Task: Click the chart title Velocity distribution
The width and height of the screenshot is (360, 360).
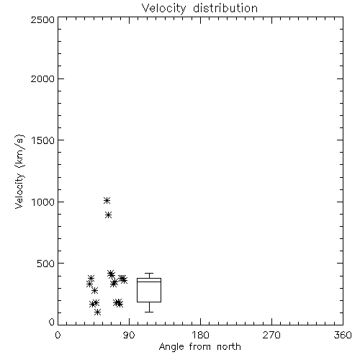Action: pyautogui.click(x=199, y=9)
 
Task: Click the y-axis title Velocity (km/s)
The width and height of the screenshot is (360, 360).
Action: pyautogui.click(x=19, y=171)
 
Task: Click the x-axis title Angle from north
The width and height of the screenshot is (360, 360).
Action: pyautogui.click(x=200, y=346)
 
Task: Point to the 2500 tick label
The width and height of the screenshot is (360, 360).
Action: pyautogui.click(x=42, y=19)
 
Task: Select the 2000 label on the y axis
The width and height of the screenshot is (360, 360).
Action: pyautogui.click(x=42, y=78)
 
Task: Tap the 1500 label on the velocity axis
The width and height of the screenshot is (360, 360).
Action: pyautogui.click(x=43, y=140)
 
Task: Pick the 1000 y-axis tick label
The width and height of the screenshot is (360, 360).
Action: pyautogui.click(x=43, y=202)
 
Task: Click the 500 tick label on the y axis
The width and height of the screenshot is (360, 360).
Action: pyautogui.click(x=46, y=264)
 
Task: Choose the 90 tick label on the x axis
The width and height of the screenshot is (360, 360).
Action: pyautogui.click(x=130, y=335)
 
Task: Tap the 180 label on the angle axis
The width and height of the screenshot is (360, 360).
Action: pyautogui.click(x=200, y=335)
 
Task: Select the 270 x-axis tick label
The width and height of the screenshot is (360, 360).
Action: pyautogui.click(x=271, y=335)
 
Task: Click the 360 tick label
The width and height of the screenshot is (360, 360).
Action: pyautogui.click(x=343, y=335)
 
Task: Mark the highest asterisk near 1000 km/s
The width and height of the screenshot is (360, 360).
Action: pyautogui.click(x=107, y=200)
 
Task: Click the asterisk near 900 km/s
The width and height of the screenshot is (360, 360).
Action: pyautogui.click(x=109, y=215)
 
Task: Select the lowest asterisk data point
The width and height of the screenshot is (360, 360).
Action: pyautogui.click(x=97, y=312)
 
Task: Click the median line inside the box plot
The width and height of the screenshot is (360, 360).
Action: pyautogui.click(x=149, y=282)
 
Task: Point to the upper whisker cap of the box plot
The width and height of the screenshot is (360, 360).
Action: pyautogui.click(x=149, y=273)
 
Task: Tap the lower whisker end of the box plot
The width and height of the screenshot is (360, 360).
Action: pyautogui.click(x=149, y=312)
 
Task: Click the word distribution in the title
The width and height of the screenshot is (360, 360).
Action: pyautogui.click(x=225, y=9)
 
